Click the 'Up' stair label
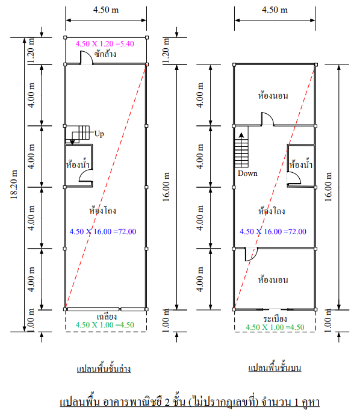(x=99, y=134)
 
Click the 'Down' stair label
(x=247, y=173)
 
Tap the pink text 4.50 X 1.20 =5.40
(x=105, y=44)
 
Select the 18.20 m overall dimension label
(x=13, y=184)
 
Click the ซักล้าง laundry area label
(x=105, y=54)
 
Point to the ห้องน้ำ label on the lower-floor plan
(x=78, y=164)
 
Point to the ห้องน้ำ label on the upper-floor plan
(x=301, y=164)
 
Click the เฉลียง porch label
(x=107, y=317)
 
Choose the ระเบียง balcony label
(x=275, y=318)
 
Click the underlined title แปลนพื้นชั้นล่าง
(x=104, y=368)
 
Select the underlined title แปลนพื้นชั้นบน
(x=275, y=367)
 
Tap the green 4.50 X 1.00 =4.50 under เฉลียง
(x=105, y=325)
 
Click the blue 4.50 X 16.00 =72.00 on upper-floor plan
(x=273, y=232)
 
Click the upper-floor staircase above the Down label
(x=241, y=150)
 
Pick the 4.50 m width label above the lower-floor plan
(x=106, y=10)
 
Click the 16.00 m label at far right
(x=328, y=187)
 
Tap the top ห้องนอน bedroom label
(x=273, y=95)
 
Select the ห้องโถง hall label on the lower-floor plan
(x=102, y=210)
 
